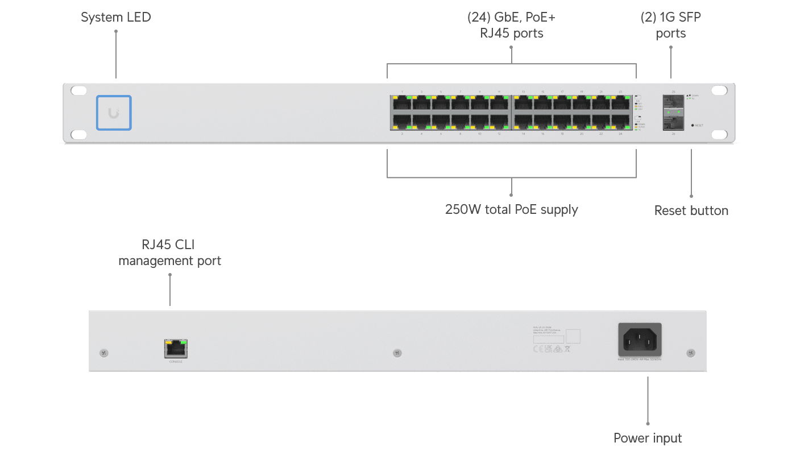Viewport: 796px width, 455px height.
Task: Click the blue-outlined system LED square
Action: (114, 113)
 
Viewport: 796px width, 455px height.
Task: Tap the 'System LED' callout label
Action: (116, 18)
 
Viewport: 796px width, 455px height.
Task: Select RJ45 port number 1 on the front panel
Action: (402, 104)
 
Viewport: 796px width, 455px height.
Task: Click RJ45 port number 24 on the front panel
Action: (620, 122)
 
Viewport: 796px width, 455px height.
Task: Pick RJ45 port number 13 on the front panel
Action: (523, 104)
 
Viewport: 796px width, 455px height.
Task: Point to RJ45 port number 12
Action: (499, 122)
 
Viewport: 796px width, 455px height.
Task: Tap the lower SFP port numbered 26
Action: (673, 122)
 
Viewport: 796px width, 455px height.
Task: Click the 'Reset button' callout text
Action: (691, 211)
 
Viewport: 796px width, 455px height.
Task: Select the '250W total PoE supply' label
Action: (512, 209)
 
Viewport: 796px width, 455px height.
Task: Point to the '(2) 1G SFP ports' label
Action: (671, 26)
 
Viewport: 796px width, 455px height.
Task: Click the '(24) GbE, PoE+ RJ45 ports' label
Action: (511, 26)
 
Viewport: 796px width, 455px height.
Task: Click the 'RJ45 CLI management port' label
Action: (169, 253)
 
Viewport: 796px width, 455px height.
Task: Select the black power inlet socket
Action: (640, 340)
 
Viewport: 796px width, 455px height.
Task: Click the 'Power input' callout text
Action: (648, 439)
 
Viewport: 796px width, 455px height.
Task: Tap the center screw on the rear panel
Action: (397, 353)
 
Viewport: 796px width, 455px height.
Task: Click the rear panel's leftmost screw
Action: (103, 353)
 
